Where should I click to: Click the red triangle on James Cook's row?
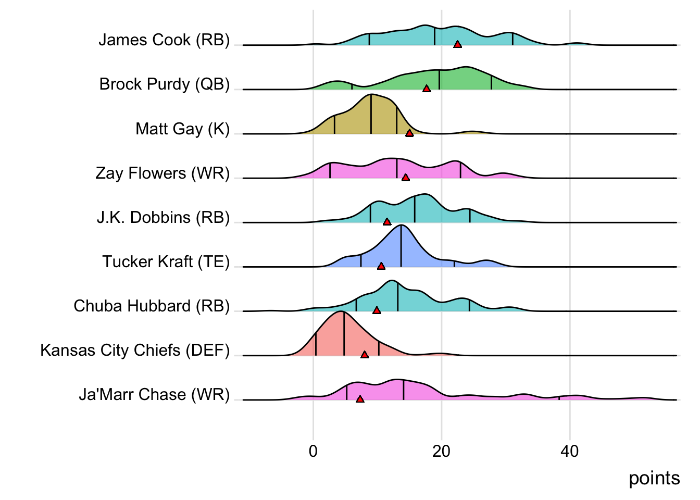457,45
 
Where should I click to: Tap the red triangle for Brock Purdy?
427,89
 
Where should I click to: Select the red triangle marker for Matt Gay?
409,133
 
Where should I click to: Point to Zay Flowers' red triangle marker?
406,178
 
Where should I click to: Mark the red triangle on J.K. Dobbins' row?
387,222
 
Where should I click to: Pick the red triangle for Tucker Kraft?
381,266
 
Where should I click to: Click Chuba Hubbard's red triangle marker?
377,310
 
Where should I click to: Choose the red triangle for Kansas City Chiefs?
365,355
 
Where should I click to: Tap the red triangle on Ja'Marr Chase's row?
360,399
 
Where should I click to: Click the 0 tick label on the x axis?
313,451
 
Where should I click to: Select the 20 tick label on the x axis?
441,451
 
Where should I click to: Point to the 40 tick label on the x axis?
570,451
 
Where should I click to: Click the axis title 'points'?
654,478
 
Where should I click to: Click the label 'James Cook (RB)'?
164,40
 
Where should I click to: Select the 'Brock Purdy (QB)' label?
165,84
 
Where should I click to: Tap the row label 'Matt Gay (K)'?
182,129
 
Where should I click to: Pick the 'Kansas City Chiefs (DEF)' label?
135,351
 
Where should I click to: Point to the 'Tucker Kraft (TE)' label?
166,261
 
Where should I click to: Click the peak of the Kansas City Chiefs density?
341,312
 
